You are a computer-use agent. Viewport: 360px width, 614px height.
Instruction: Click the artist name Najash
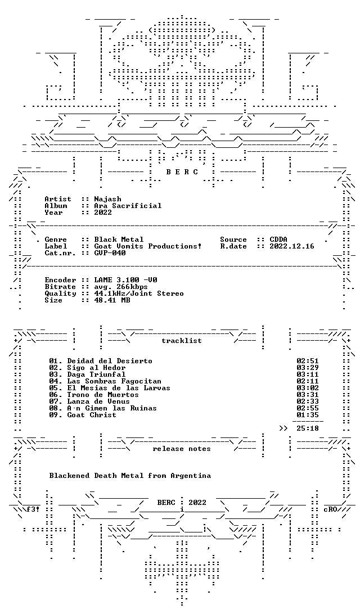107,199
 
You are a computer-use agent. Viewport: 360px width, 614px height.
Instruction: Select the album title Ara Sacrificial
128,206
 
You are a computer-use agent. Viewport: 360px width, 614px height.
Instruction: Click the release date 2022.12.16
291,247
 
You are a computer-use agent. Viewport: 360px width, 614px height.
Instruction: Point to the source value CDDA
278,240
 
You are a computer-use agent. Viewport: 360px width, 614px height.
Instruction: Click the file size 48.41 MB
112,301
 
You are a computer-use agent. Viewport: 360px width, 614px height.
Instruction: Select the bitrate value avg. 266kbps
121,287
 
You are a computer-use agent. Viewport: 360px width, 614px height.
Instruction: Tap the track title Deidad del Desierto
110,361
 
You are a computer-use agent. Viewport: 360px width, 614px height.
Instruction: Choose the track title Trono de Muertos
103,395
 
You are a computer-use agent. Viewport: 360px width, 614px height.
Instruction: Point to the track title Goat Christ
92,415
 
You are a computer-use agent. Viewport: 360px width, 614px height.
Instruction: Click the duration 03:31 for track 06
308,395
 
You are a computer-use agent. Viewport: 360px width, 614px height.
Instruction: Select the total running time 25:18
308,428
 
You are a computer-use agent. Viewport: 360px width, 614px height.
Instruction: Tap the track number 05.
53,388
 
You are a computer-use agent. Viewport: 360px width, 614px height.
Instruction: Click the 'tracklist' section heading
182,341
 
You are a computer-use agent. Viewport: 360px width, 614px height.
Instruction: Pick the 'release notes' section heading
182,449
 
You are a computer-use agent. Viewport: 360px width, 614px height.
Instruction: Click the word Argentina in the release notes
191,476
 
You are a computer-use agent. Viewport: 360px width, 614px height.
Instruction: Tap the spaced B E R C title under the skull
182,172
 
